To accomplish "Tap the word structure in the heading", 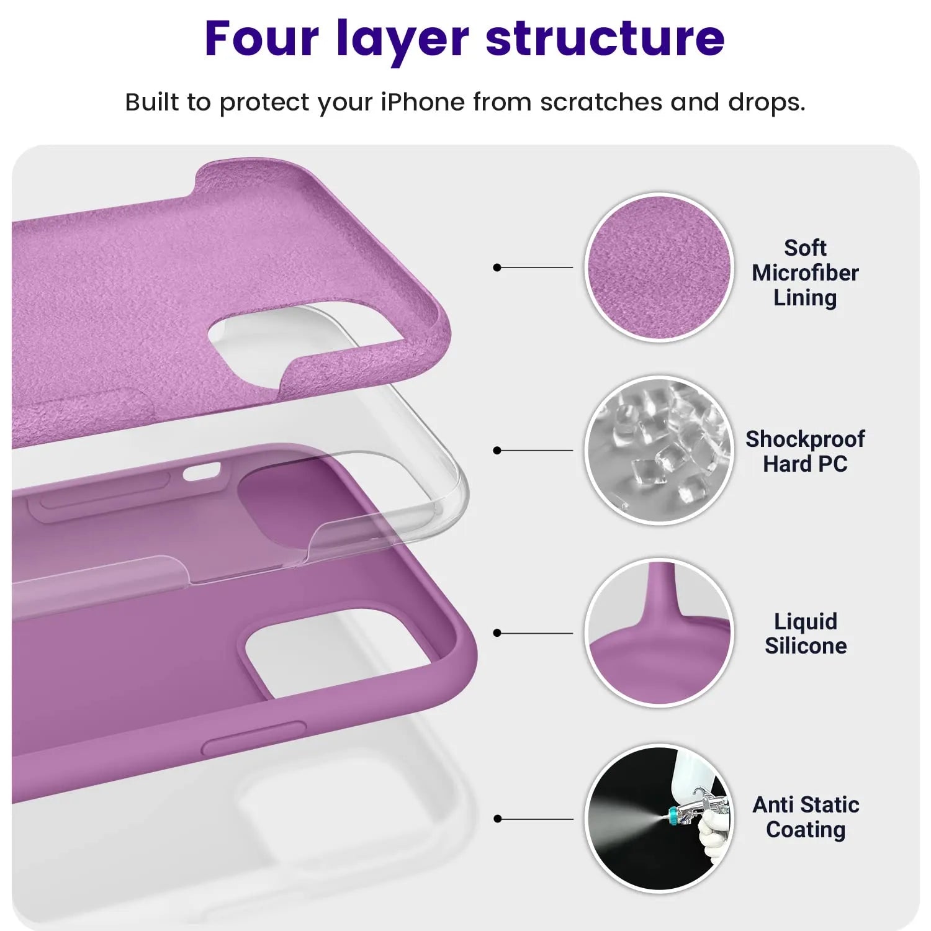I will tap(605, 38).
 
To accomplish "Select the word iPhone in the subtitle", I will tap(422, 102).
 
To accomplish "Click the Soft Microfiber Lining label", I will tap(805, 273).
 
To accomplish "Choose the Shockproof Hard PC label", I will tap(805, 451).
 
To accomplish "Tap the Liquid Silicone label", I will tap(805, 634).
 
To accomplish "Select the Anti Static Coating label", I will tap(806, 817).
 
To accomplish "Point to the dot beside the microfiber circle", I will tap(497, 268).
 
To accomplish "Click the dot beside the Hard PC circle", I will tap(497, 450).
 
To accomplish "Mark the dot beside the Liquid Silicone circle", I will tap(497, 633).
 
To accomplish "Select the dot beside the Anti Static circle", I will tap(497, 819).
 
